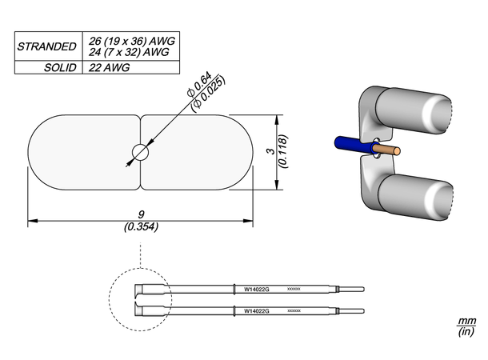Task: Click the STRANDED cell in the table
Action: tap(46, 46)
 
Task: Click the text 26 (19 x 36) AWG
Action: tap(128, 41)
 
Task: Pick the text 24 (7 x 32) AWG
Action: tap(126, 52)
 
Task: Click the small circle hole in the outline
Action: tap(141, 152)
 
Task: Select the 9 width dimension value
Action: tap(141, 214)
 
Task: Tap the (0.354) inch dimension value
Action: tap(141, 226)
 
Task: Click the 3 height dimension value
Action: tap(270, 152)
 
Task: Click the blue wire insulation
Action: tap(352, 145)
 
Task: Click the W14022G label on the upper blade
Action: tap(256, 289)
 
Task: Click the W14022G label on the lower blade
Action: tap(256, 310)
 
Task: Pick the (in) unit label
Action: tap(466, 332)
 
